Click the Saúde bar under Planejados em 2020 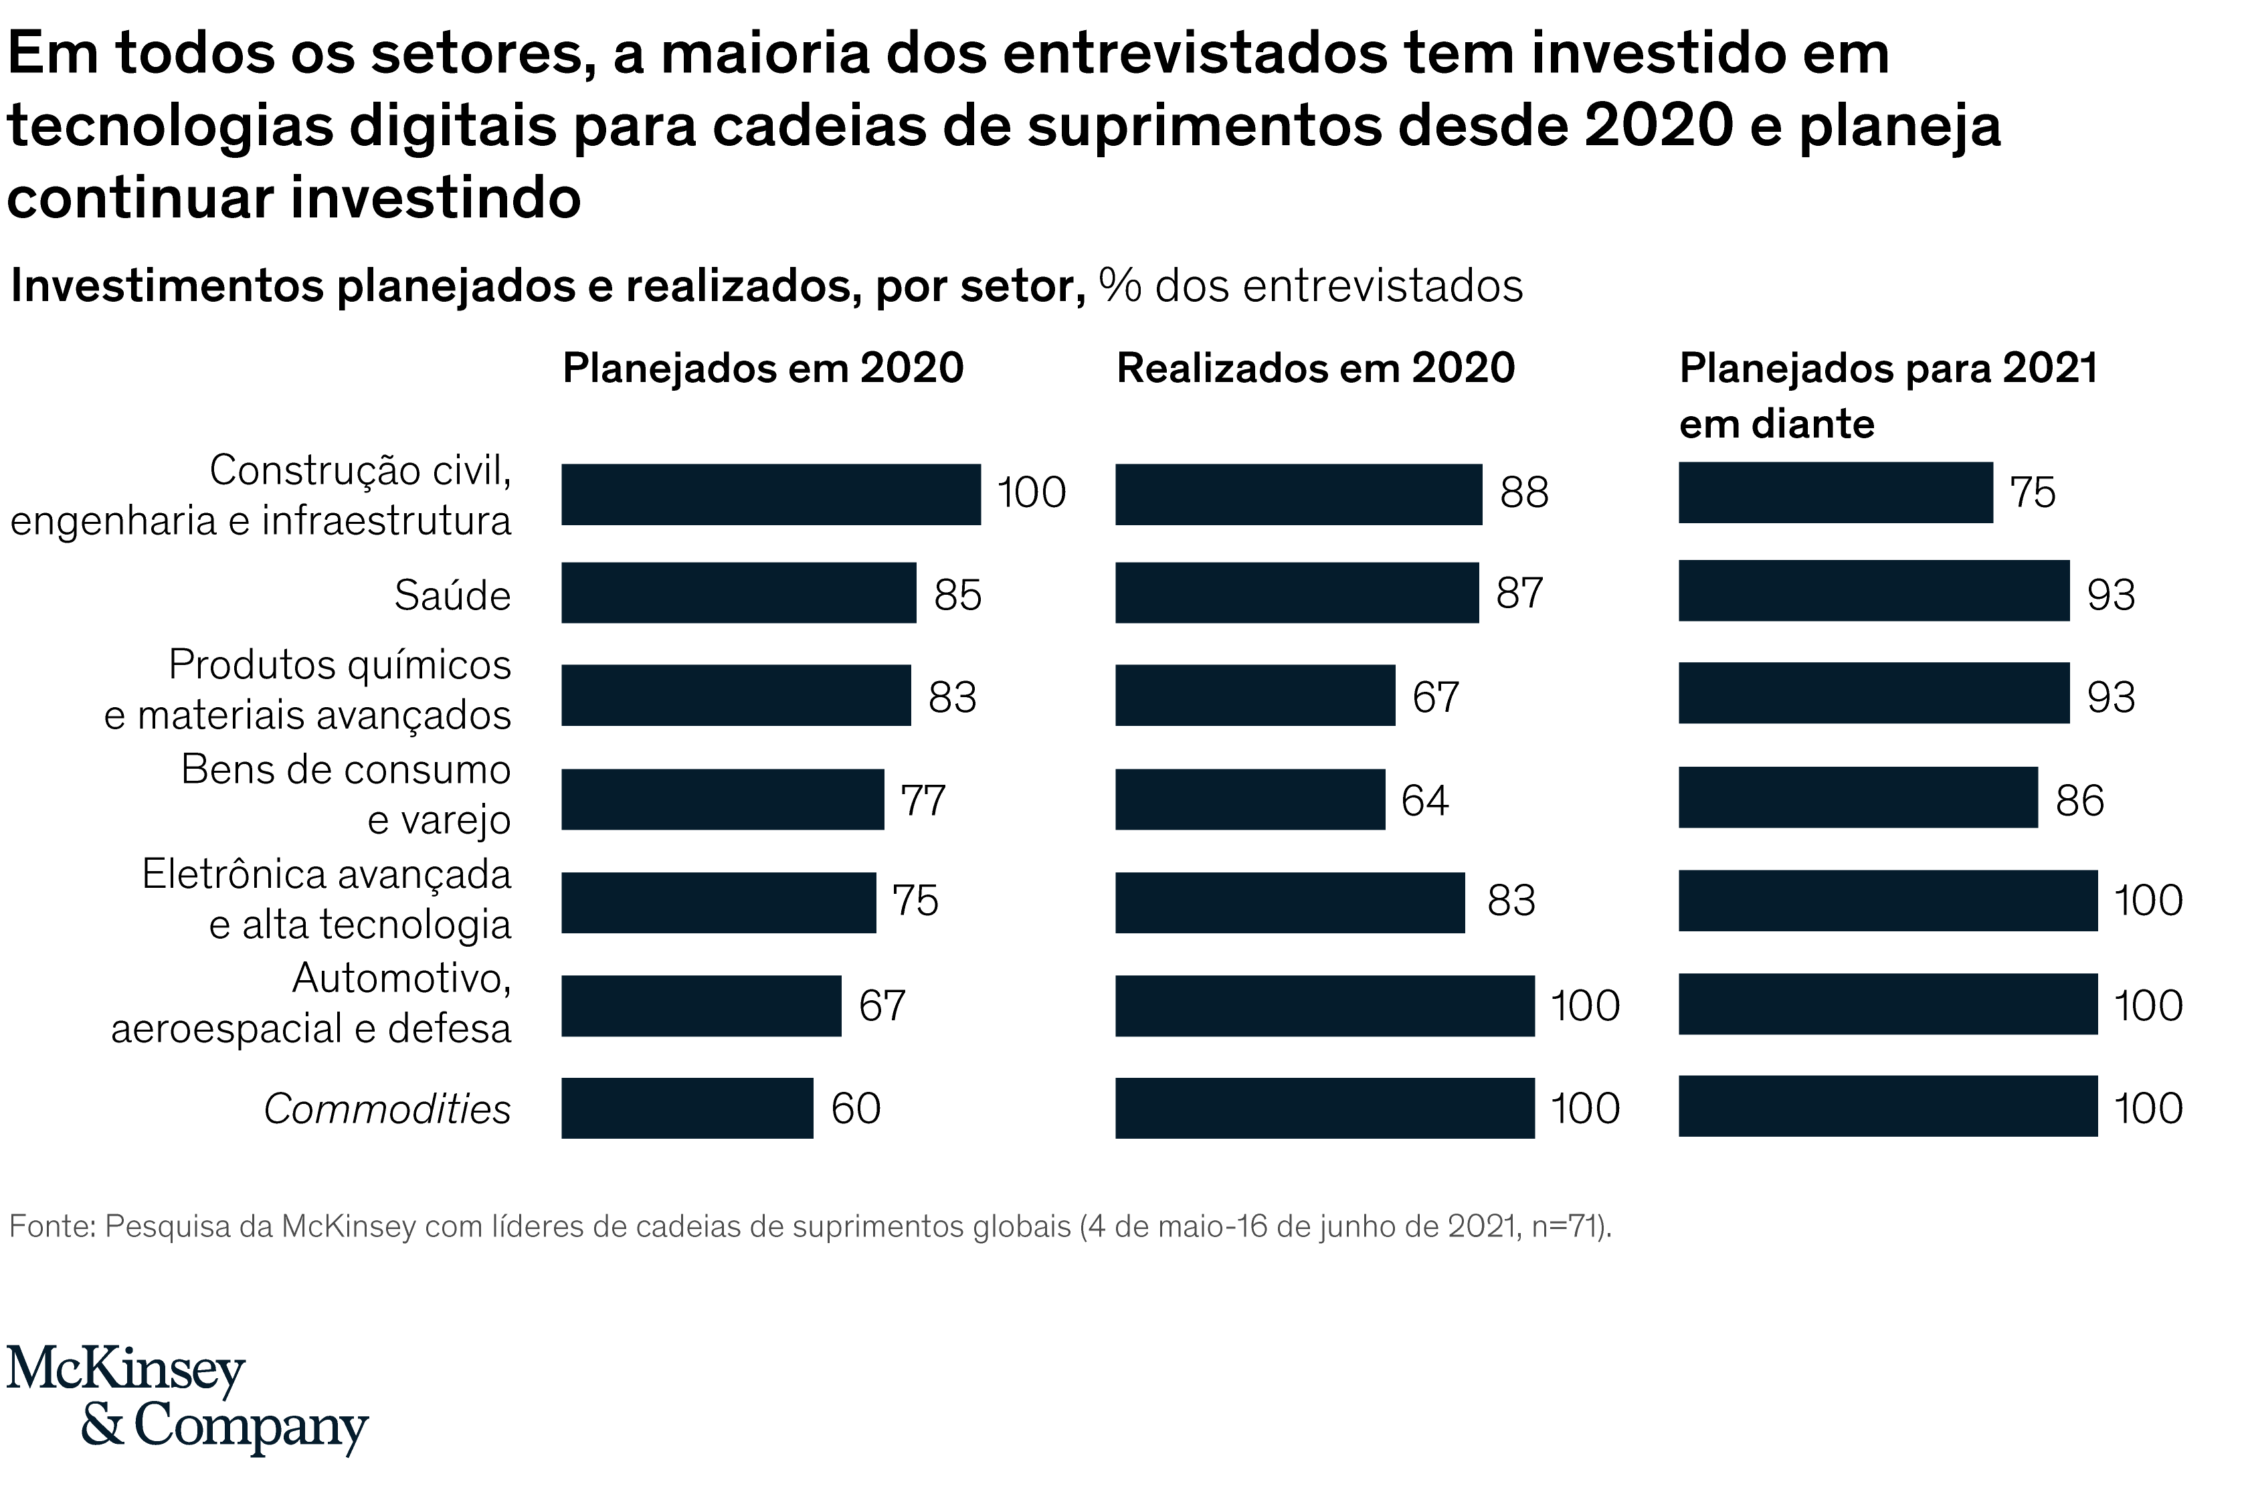click(739, 593)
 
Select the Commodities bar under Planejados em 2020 click(686, 1109)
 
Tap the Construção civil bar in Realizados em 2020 click(1298, 494)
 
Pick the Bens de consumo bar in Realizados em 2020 click(1249, 799)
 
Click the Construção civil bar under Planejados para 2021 click(1835, 492)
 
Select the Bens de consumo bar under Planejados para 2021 click(1857, 797)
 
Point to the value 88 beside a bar click(1523, 492)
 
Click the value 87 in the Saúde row click(1520, 593)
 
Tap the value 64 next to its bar click(1424, 800)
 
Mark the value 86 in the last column click(2079, 801)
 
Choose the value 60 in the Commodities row click(855, 1109)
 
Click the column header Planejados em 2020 click(762, 369)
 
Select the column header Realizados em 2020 click(1315, 369)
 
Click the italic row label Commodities click(387, 1109)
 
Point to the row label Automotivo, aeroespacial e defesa click(311, 1004)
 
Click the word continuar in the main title click(141, 198)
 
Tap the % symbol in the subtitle click(1119, 286)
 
